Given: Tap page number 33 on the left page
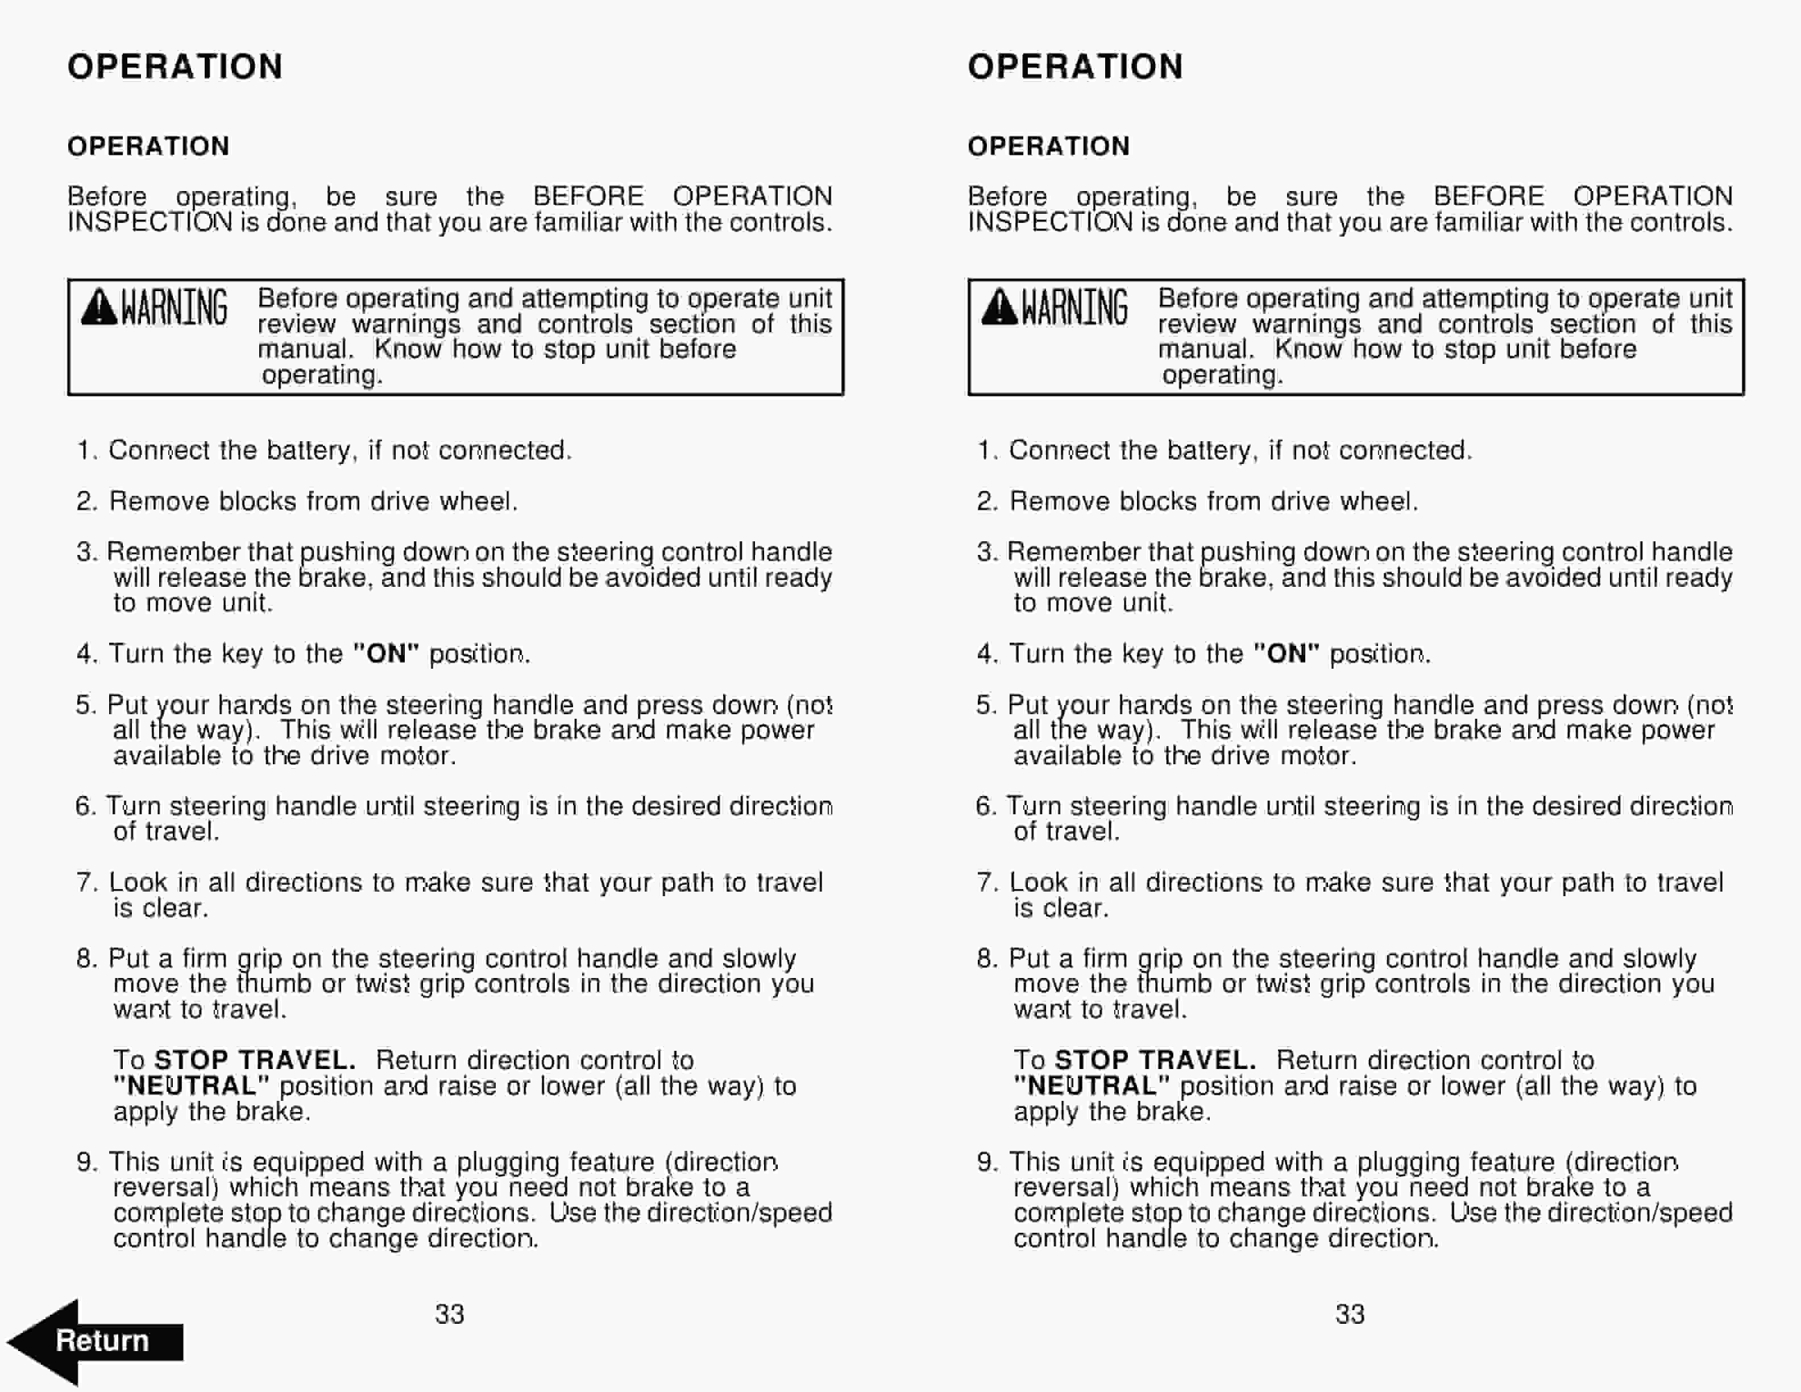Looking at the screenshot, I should [450, 1314].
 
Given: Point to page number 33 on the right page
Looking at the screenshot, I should [1350, 1314].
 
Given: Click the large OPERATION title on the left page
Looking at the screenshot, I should [175, 67].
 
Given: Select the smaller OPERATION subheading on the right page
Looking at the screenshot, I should [1048, 146].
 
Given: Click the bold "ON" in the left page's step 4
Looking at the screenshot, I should [386, 654].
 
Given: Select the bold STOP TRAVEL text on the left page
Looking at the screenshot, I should [255, 1060].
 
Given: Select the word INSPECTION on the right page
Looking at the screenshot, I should [1052, 223].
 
